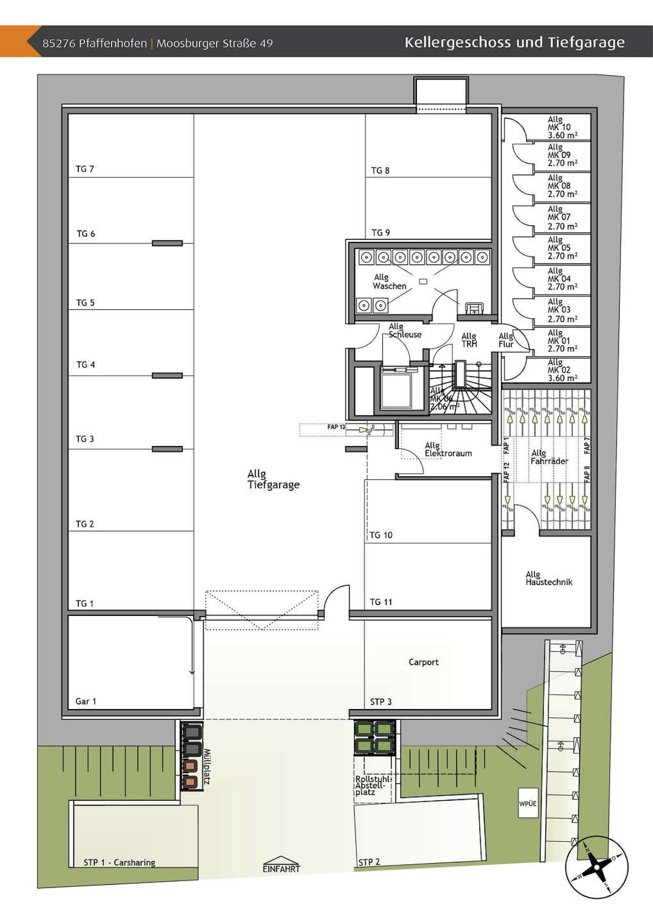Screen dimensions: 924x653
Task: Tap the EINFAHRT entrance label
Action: pos(281,869)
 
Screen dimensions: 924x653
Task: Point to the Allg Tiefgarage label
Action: pos(273,479)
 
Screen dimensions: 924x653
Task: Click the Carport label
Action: pos(423,662)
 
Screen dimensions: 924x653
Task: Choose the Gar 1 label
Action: pos(86,701)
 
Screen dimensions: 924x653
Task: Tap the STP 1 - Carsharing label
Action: pos(119,862)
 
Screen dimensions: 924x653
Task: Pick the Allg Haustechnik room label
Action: pos(548,578)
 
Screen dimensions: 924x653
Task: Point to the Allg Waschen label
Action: pos(389,282)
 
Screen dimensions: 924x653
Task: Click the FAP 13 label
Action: pos(336,427)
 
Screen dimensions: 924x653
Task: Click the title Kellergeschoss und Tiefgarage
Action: pos(514,42)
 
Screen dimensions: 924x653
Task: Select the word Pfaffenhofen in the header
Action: pos(113,44)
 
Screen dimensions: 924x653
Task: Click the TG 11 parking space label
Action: pos(381,602)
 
